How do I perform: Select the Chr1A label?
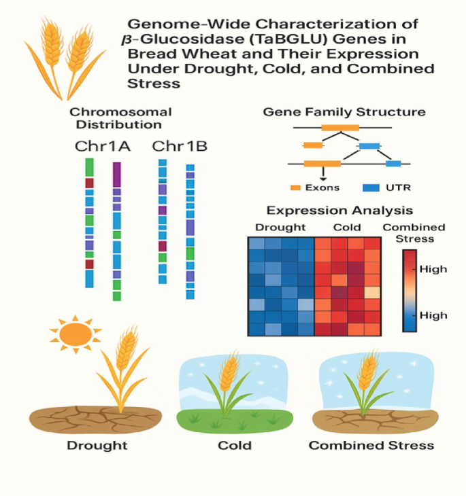click(x=103, y=146)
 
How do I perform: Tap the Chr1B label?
click(x=180, y=146)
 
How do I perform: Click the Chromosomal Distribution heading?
click(x=120, y=118)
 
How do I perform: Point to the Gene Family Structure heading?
click(x=344, y=111)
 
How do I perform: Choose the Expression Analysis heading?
click(x=339, y=211)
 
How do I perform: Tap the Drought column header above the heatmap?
click(x=280, y=227)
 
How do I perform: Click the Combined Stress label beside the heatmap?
click(x=414, y=232)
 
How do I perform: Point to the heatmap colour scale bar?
click(x=410, y=290)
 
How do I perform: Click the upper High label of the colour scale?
click(x=433, y=269)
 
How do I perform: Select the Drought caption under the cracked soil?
click(x=97, y=446)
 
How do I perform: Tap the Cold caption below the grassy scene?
click(x=234, y=446)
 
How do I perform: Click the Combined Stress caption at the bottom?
click(x=371, y=446)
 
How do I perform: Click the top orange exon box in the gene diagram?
click(x=340, y=127)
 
